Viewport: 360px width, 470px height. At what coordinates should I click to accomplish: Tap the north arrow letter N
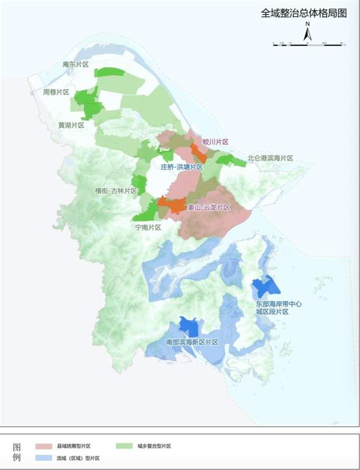[308, 25]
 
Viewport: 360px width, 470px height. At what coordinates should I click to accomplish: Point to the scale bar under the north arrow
[308, 43]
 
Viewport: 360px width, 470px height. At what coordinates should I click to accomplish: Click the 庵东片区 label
[76, 65]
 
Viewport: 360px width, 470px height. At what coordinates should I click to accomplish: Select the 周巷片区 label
[56, 92]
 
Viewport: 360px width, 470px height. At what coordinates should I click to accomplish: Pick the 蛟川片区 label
[215, 143]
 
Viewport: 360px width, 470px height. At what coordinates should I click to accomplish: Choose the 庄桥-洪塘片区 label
[181, 167]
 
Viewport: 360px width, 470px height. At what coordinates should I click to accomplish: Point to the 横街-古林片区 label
[116, 191]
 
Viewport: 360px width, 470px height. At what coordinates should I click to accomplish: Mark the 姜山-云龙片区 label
[208, 207]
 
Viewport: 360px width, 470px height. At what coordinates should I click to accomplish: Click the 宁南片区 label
[148, 228]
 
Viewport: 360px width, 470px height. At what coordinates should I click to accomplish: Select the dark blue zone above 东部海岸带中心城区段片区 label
[265, 288]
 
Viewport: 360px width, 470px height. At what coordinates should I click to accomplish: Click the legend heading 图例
[17, 451]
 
